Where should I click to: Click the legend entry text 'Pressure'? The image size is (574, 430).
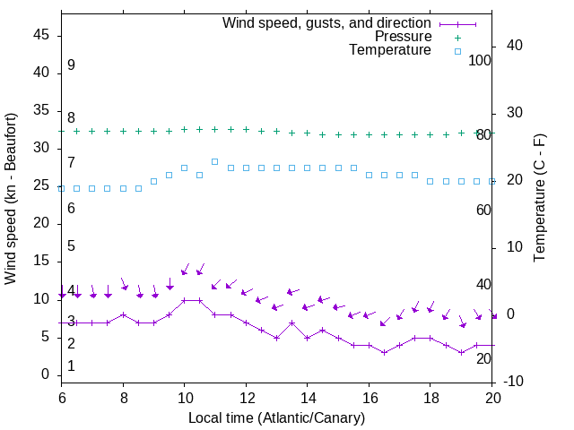point(403,37)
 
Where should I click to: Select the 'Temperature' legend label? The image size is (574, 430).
point(390,50)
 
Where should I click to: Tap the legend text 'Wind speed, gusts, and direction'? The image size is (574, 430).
point(326,22)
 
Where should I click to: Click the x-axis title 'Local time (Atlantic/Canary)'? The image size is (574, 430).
point(276,417)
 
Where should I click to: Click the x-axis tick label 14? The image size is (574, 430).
point(308,397)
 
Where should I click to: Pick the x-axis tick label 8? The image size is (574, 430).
point(123,397)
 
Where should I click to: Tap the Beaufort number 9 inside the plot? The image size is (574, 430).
point(71,65)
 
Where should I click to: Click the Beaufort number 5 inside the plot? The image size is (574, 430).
point(71,245)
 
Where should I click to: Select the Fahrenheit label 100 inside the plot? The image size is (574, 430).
point(480,60)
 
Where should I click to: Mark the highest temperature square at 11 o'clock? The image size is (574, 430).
point(215,161)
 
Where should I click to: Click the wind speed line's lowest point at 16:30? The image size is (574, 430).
point(384,352)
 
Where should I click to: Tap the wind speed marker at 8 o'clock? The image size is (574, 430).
point(123,314)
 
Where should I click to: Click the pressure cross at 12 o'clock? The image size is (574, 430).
point(246,130)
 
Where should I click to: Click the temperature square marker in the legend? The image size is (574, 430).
point(457,51)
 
